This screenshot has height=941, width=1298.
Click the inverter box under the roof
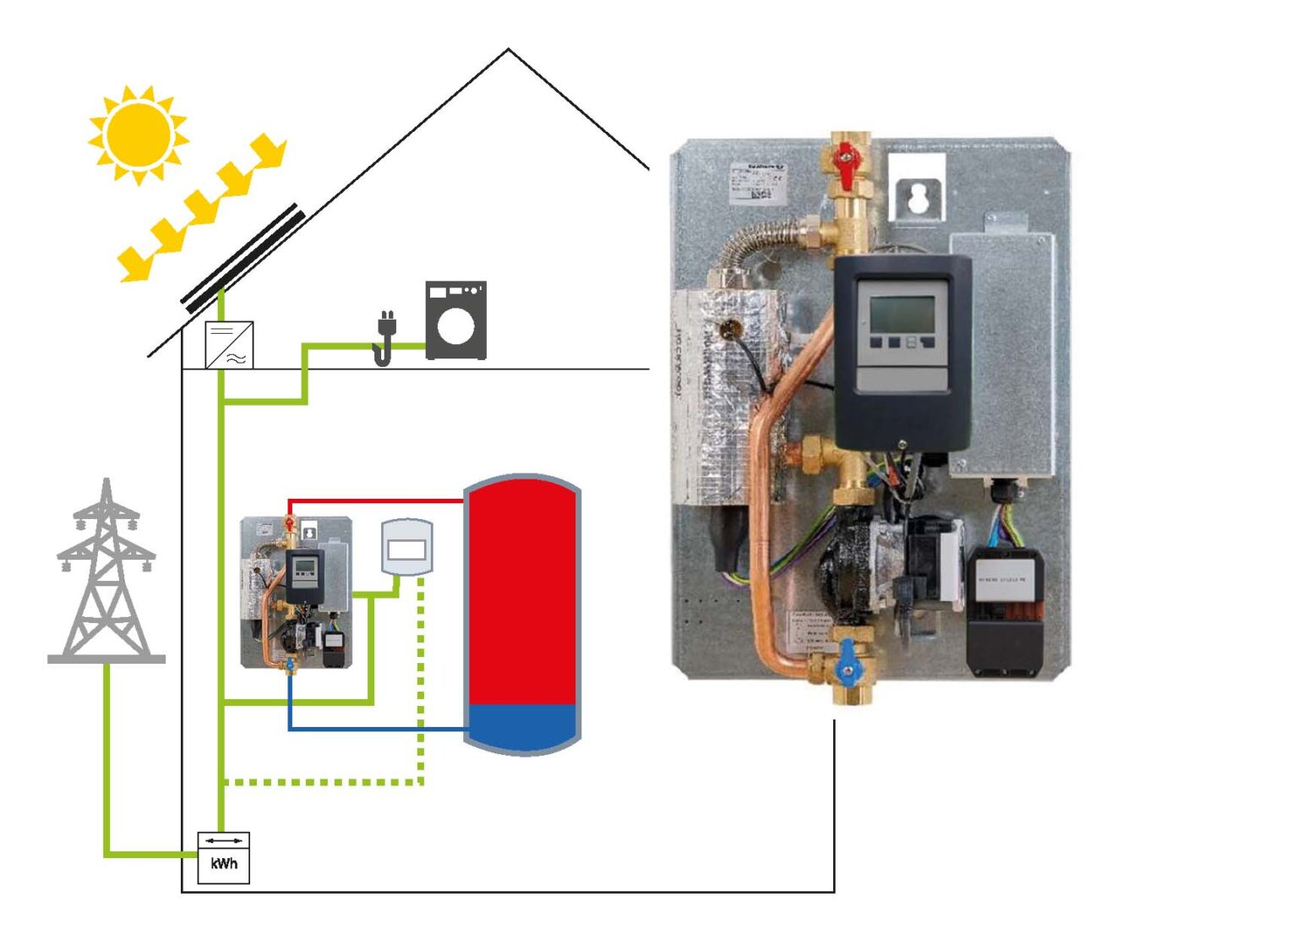pyautogui.click(x=229, y=345)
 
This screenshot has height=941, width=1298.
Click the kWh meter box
pyautogui.click(x=223, y=857)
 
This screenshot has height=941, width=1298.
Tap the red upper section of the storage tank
pyautogui.click(x=522, y=592)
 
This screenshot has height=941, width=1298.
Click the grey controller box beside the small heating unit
pyautogui.click(x=406, y=547)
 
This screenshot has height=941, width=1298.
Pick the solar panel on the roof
pyautogui.click(x=243, y=257)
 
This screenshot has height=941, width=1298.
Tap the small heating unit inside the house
pyautogui.click(x=296, y=592)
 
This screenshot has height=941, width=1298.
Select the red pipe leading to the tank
pyautogui.click(x=380, y=501)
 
